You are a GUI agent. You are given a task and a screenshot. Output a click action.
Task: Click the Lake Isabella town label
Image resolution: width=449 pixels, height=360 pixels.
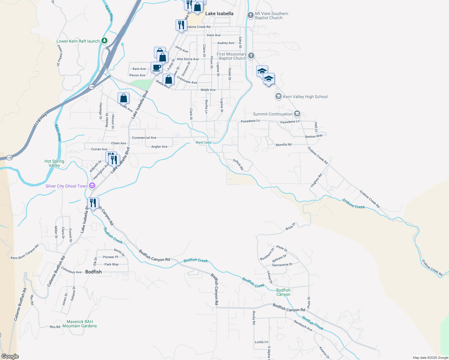[219, 13]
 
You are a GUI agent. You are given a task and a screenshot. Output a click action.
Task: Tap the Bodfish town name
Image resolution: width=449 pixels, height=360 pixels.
[93, 272]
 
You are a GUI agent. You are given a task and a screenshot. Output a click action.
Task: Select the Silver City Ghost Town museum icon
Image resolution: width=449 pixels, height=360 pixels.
[92, 186]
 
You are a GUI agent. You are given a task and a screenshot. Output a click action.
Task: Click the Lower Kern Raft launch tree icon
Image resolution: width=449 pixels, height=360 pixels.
[104, 40]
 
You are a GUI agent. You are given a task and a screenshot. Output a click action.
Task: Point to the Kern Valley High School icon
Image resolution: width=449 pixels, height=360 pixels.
[278, 96]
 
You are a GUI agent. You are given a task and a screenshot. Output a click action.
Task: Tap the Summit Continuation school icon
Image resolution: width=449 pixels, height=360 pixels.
[297, 114]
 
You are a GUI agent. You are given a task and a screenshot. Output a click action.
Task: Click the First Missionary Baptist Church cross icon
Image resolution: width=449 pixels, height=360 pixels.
[251, 55]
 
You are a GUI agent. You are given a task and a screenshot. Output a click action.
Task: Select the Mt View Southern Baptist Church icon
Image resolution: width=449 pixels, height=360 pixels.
[251, 15]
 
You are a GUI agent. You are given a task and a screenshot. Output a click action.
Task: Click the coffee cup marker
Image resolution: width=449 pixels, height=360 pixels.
[156, 67]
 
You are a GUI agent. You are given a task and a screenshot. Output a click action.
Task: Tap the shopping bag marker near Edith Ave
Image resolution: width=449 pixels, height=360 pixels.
[123, 98]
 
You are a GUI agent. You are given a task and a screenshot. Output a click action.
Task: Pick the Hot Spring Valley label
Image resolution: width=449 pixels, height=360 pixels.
[54, 163]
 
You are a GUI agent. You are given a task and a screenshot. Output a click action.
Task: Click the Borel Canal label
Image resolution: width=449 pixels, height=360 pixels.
[203, 142]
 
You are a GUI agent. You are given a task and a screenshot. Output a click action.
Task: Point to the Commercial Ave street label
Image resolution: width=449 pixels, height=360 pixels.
[144, 138]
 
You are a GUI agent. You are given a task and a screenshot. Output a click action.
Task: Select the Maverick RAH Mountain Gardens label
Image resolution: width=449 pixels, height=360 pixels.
[80, 324]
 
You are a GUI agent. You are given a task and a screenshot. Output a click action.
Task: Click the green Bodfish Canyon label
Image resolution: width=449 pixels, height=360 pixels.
[283, 292]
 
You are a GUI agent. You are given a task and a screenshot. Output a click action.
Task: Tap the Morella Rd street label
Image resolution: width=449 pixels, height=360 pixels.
[283, 145]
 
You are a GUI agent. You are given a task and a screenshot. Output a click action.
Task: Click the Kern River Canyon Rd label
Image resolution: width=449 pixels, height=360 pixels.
[25, 252]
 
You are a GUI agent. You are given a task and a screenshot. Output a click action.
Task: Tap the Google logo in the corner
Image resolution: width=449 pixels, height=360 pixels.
[10, 356]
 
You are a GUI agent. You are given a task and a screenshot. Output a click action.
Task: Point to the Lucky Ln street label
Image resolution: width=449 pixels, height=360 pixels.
[261, 342]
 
